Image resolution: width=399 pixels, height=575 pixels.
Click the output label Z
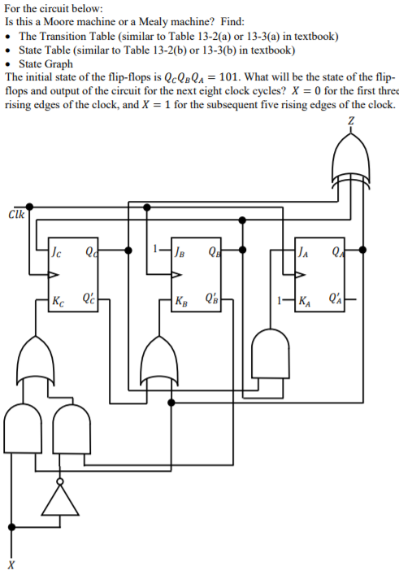click(x=351, y=122)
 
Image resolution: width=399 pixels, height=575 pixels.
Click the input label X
click(x=11, y=563)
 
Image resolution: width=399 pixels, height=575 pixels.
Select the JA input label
click(x=305, y=250)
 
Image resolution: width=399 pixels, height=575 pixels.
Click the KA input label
click(x=306, y=300)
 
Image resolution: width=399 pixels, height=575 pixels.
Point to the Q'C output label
click(x=86, y=298)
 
